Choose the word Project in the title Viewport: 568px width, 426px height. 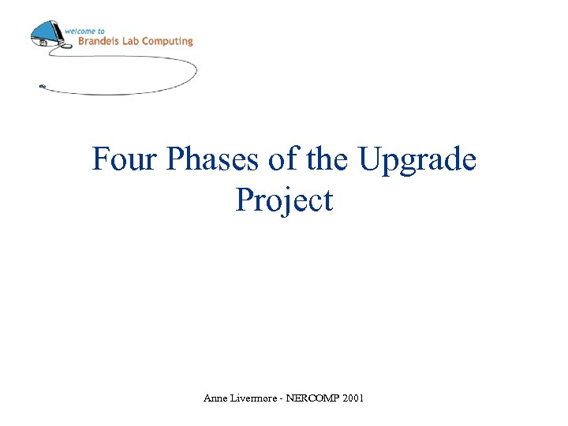284,201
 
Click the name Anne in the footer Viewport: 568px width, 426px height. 214,399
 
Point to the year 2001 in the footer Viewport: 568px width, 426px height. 353,399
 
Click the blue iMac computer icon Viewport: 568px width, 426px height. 46,33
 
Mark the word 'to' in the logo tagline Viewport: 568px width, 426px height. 101,31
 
